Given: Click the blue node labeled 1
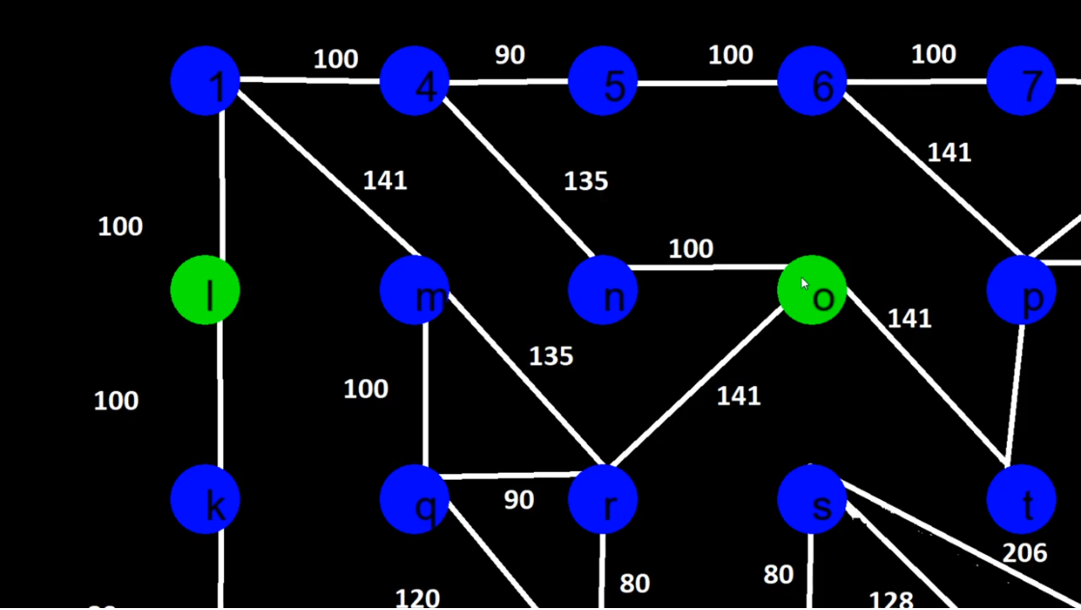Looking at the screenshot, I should tap(206, 81).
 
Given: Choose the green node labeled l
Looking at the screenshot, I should tap(206, 291).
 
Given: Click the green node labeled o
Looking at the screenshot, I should tap(813, 291).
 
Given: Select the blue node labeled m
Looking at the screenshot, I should tap(415, 291).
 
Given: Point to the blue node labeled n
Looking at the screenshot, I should tap(603, 291).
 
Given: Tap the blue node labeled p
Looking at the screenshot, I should tap(1022, 291).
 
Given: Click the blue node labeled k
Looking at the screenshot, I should tap(206, 500).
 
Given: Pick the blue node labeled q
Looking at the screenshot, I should tap(415, 500).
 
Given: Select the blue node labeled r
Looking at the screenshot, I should tap(603, 500).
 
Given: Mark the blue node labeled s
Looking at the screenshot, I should tap(813, 500).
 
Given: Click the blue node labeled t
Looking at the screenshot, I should tap(1022, 500).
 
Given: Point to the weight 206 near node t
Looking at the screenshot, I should tap(1024, 553).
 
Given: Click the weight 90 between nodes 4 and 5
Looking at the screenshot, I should tap(510, 55).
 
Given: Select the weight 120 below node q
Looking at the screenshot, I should tap(417, 598).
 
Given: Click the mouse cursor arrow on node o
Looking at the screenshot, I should tap(805, 284).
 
